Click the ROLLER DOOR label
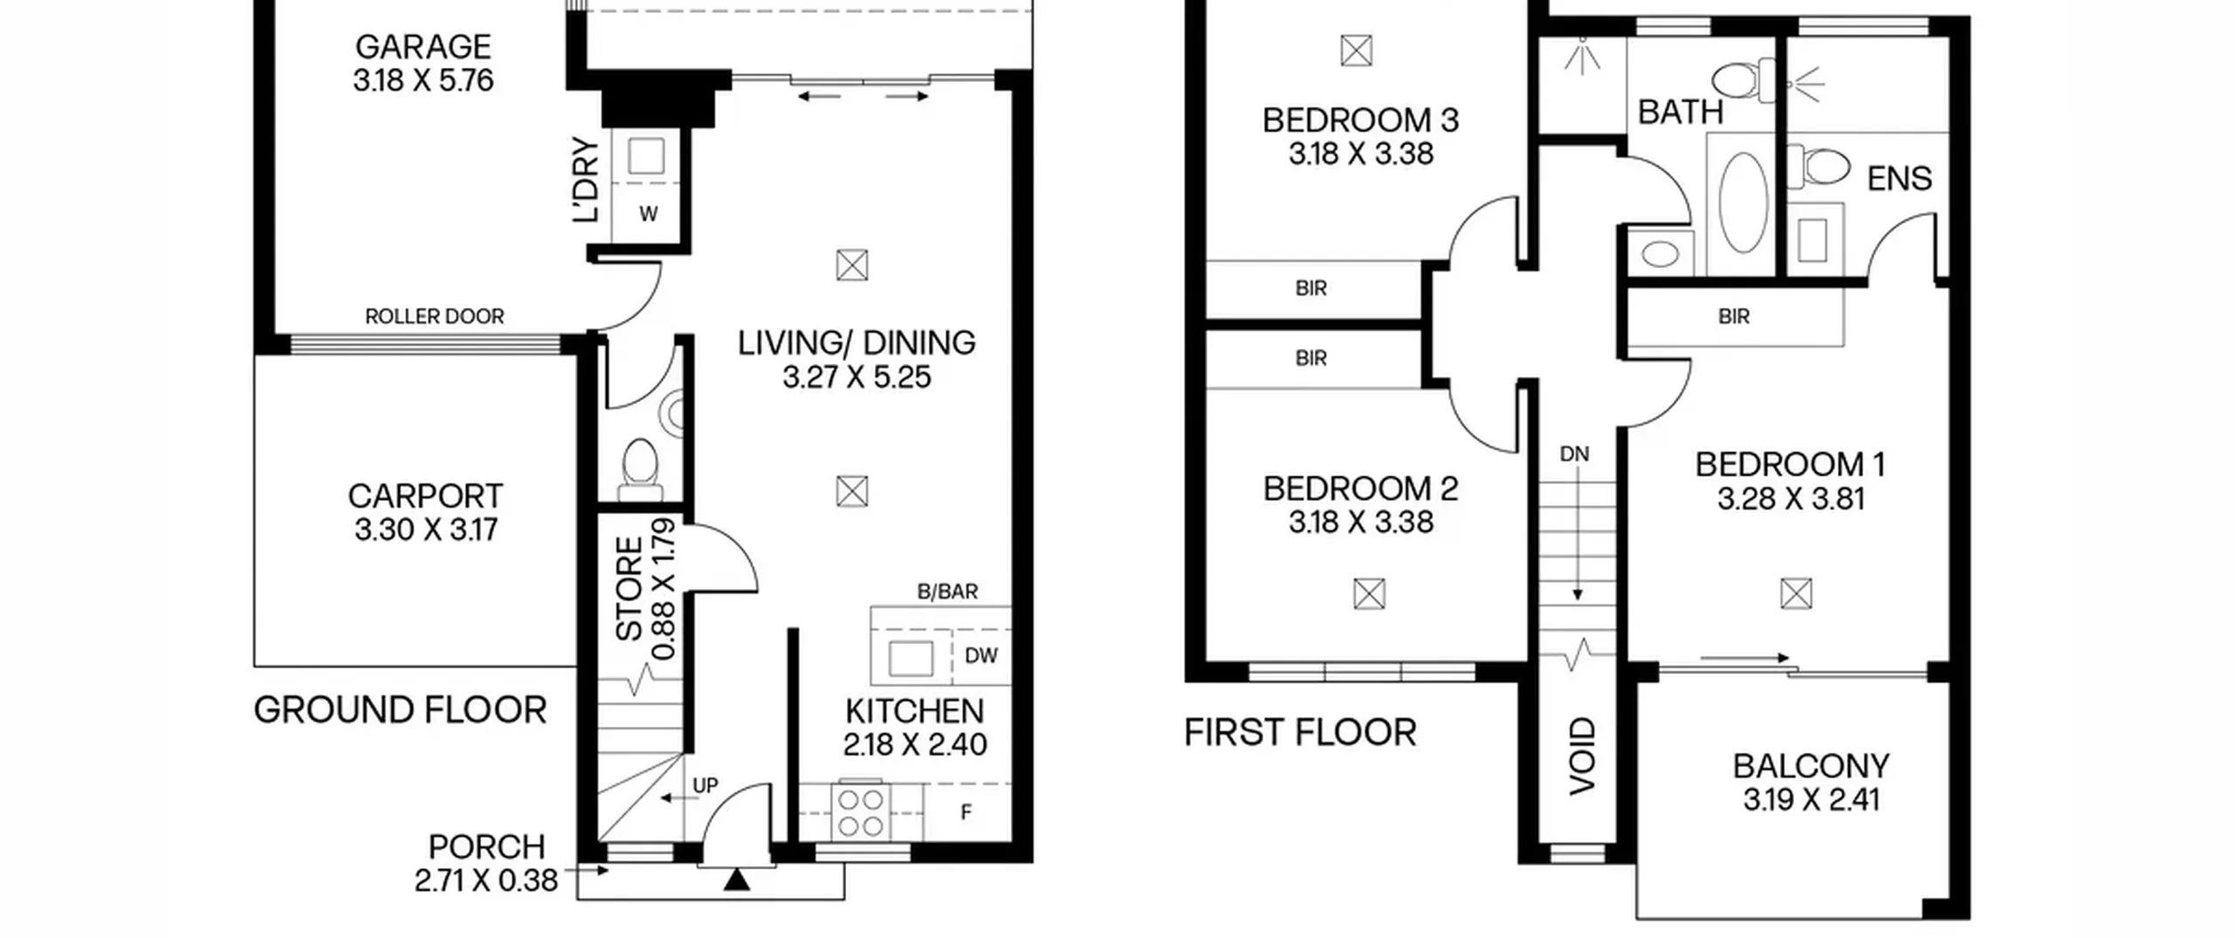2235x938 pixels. click(434, 316)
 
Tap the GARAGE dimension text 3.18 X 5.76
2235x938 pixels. click(423, 80)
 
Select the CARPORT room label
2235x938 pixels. click(425, 496)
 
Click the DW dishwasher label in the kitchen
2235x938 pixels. click(980, 655)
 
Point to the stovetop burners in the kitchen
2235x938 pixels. click(861, 812)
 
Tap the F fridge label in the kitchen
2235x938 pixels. click(966, 812)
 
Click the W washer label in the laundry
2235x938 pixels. click(648, 214)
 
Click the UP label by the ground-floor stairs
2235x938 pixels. click(705, 785)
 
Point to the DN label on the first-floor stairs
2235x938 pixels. click(1574, 454)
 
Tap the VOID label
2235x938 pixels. click(1582, 756)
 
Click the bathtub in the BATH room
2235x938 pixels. click(1743, 203)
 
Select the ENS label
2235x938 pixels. click(1899, 179)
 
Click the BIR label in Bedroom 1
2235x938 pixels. click(1734, 317)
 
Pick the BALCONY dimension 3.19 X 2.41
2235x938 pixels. click(1811, 800)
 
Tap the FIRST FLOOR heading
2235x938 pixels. click(1300, 733)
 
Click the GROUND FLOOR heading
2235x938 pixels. click(400, 710)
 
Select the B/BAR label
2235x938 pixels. click(947, 592)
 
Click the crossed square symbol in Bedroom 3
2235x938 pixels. click(1356, 51)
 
